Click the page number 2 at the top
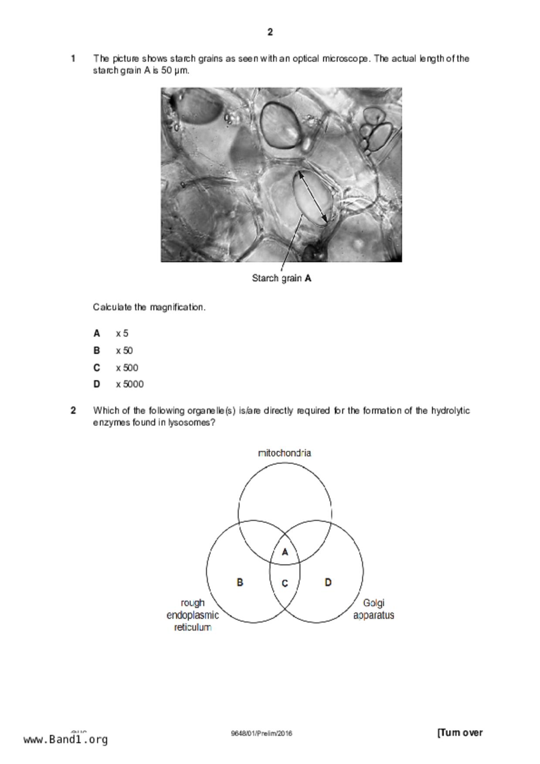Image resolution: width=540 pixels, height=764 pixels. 270,32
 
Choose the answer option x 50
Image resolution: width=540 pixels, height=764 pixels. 124,351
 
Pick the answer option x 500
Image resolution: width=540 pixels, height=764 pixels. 127,368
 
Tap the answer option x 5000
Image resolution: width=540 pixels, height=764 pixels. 129,384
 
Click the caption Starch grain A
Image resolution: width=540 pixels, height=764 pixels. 282,278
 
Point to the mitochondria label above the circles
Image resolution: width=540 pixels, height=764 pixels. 285,453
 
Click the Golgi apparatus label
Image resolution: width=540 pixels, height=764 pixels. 374,609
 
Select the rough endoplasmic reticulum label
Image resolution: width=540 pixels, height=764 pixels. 193,615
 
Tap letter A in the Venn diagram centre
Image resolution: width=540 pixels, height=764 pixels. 285,552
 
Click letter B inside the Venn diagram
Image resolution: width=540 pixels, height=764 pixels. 240,582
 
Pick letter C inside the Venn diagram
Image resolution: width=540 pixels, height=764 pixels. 285,583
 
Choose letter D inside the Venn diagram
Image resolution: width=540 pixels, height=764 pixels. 328,582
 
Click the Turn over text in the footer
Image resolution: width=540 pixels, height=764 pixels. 460,733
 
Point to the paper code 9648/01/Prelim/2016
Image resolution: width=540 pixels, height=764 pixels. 262,734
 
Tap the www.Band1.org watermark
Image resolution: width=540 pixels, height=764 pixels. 65,740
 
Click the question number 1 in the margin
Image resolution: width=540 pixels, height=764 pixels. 73,58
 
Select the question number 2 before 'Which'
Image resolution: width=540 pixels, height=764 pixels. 73,410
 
